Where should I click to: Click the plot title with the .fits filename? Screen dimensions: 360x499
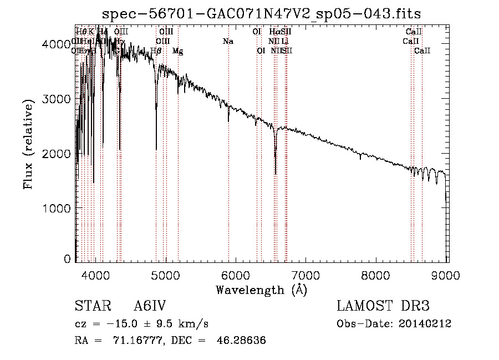pos(262,14)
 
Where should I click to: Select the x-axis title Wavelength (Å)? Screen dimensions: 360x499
pos(262,290)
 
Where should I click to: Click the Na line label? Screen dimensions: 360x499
pos(228,42)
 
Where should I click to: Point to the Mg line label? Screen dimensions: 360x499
pos(177,51)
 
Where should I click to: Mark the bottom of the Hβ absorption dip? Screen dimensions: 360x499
pos(156,149)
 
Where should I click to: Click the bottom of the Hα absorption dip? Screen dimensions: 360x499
pos(276,173)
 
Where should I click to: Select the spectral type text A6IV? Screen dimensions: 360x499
pos(150,307)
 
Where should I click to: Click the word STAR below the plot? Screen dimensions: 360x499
pos(92,307)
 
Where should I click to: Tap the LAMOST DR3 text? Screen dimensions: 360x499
pos(383,307)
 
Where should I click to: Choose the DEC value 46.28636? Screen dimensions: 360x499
pos(242,341)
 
